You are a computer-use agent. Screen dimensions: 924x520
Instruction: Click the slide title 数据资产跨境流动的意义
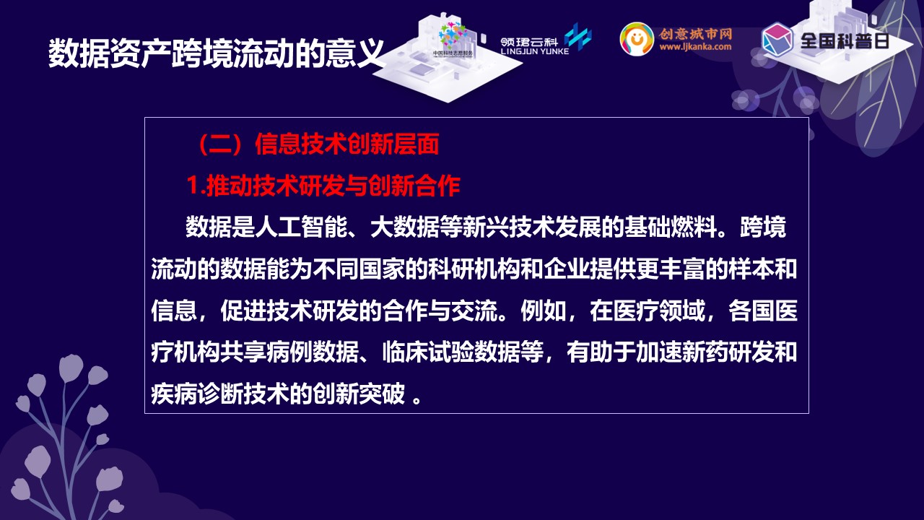216,53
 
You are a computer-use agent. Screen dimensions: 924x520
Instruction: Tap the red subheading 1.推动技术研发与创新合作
323,186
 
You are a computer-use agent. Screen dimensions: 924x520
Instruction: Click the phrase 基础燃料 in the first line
671,227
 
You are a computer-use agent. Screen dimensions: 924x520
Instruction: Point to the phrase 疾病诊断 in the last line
197,394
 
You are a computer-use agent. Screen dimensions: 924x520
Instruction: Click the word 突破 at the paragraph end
382,394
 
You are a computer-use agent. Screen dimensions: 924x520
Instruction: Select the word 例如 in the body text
544,311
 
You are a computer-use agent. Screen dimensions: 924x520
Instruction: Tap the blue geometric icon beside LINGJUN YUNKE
578,37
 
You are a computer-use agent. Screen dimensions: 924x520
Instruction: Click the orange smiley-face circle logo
637,39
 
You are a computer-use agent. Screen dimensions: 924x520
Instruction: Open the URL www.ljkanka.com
695,47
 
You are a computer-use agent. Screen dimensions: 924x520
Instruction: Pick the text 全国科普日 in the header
845,41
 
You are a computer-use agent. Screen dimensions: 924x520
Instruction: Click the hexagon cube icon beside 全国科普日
777,39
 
